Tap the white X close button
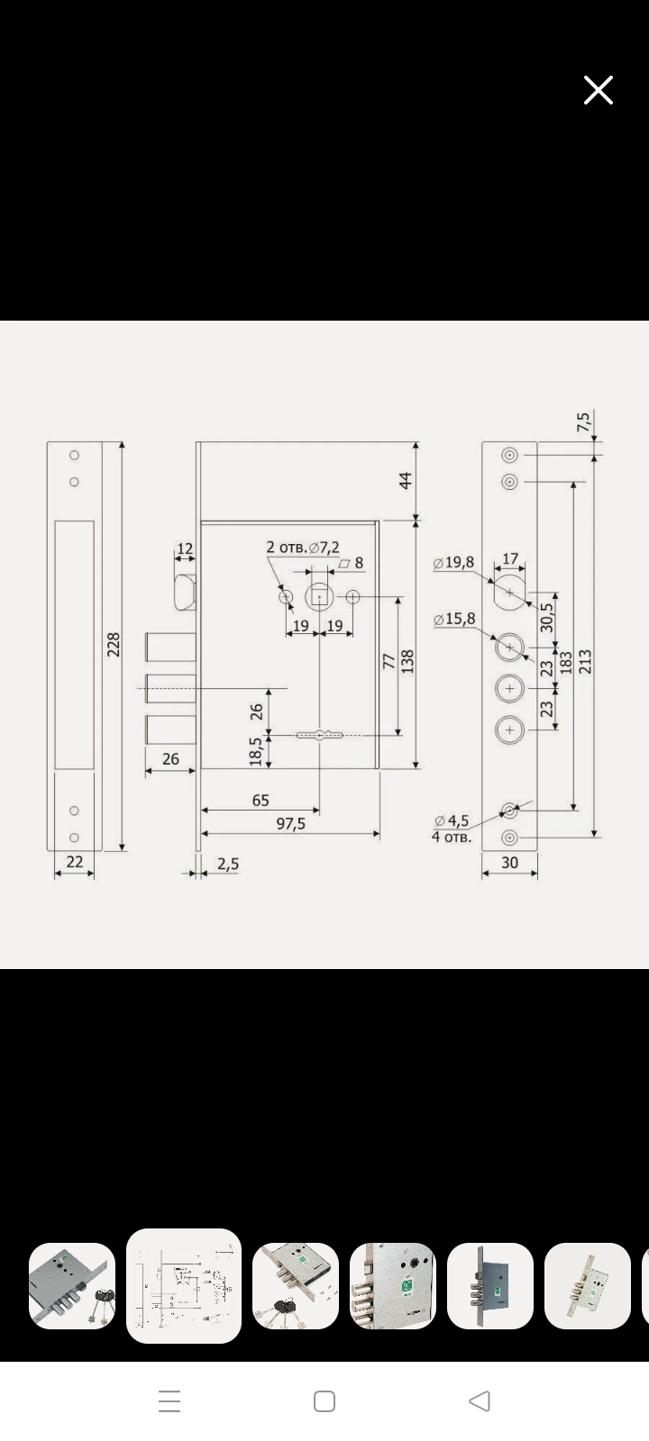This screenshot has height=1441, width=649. coord(599,90)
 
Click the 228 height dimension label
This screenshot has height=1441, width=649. coord(114,645)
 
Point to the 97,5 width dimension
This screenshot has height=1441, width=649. coord(290,823)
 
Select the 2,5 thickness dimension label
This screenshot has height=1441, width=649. coord(227,864)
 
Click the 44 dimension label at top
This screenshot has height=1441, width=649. coord(406,481)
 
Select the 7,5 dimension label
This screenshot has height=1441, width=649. coord(583,422)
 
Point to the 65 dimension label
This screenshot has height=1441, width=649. coord(261,800)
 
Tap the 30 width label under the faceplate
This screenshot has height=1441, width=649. coord(509,862)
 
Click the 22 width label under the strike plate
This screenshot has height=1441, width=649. coord(75,862)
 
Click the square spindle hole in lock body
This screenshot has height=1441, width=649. coord(319,596)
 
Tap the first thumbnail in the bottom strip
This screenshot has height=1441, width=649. coord(72,1285)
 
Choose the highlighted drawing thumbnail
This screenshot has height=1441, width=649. coord(184,1285)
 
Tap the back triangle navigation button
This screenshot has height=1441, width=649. coord(480,1401)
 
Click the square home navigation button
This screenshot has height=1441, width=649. coord(324,1401)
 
